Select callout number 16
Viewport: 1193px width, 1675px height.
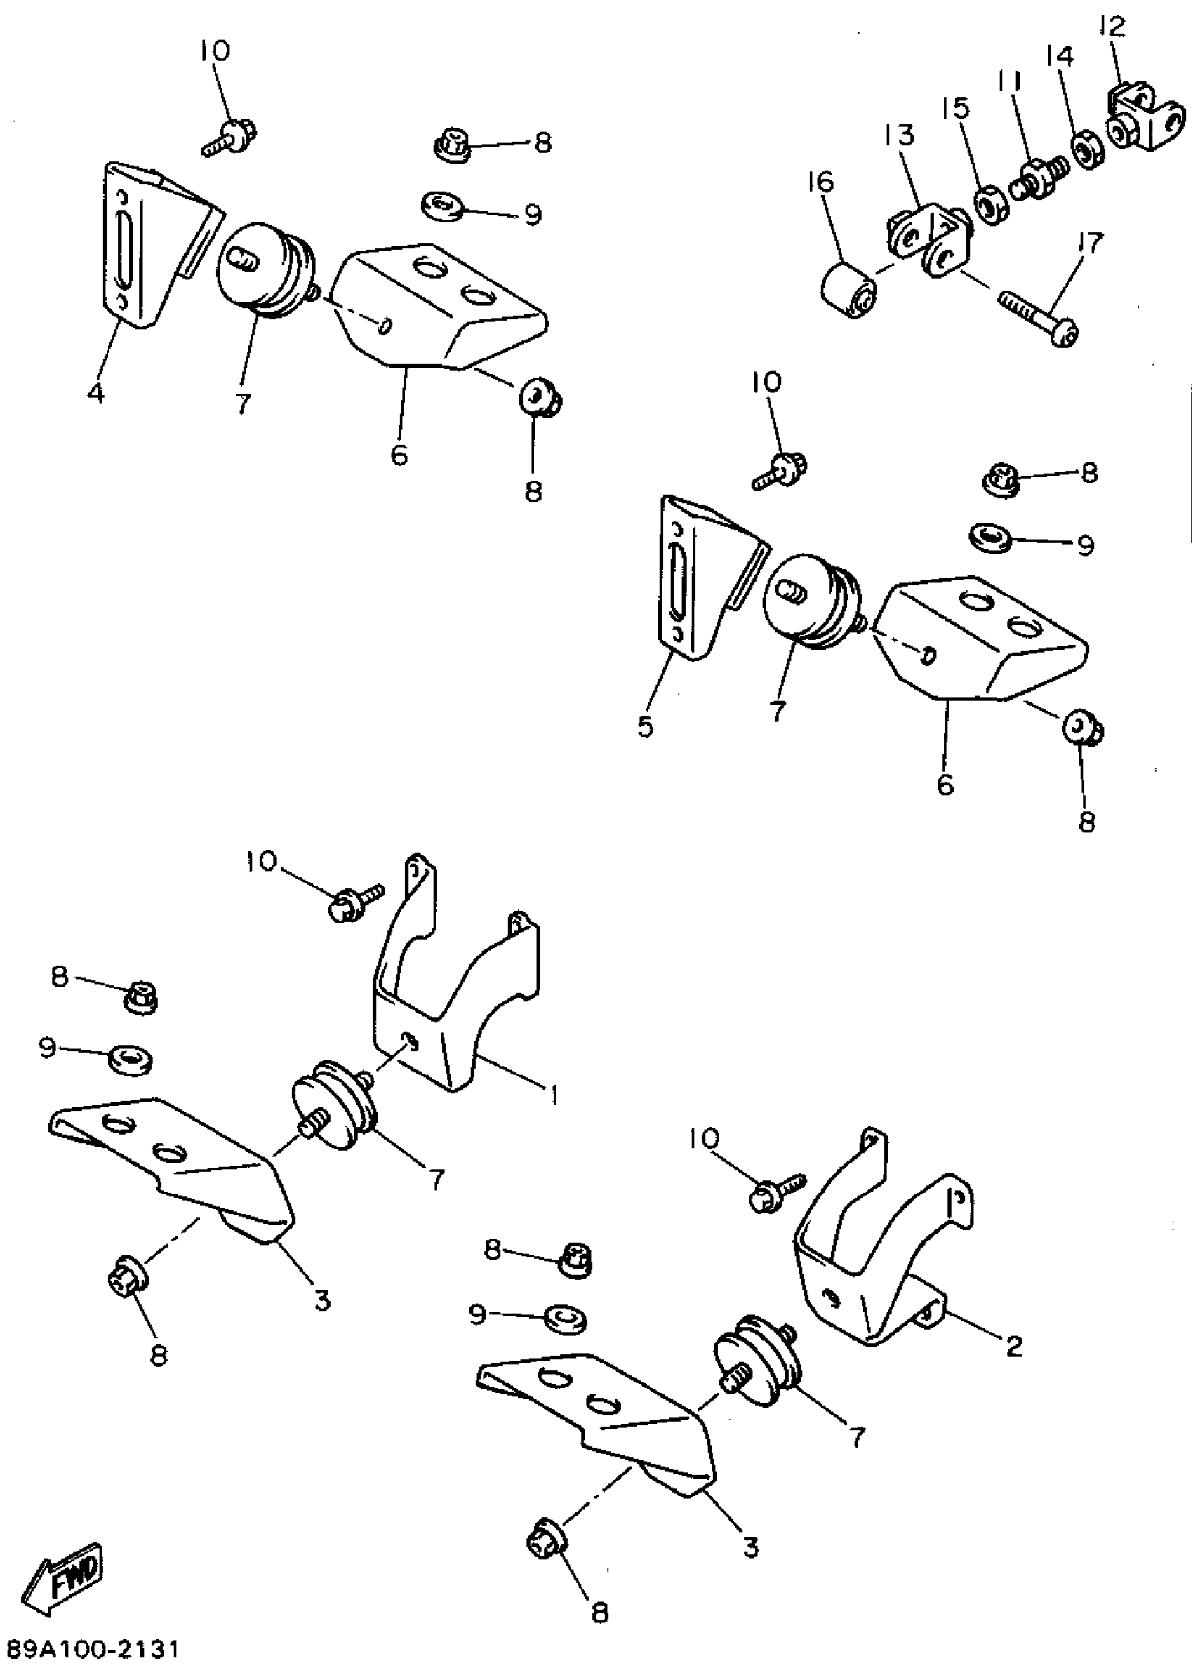click(822, 182)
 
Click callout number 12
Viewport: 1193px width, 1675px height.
click(1112, 28)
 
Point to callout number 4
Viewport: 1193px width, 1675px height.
click(95, 393)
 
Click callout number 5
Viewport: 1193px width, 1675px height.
click(645, 726)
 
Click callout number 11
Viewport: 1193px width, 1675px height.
click(1009, 81)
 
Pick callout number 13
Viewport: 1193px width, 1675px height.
click(900, 135)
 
